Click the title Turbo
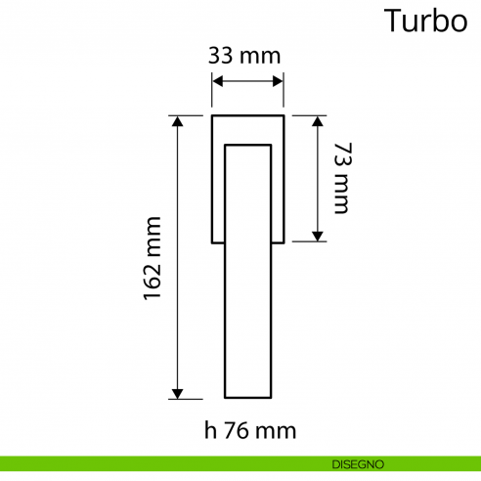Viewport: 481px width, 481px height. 424,21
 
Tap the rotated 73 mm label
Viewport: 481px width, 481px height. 340,177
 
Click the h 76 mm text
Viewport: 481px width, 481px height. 250,430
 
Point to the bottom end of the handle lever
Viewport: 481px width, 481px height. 248,397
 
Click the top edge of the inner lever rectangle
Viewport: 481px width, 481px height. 248,145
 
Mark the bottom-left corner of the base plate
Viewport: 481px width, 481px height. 213,240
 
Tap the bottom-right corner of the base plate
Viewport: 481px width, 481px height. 284,240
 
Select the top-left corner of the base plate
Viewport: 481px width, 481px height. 213,116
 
